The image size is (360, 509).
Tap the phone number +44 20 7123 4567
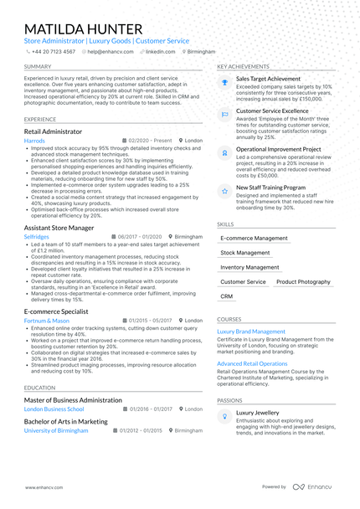[54, 51]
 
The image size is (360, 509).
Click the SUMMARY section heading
[38, 66]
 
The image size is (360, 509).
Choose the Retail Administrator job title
[54, 131]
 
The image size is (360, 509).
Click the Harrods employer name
[35, 141]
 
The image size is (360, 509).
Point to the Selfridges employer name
[38, 236]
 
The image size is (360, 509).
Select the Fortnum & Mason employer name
[47, 321]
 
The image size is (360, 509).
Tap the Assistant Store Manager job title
[59, 227]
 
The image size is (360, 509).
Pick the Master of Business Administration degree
[73, 400]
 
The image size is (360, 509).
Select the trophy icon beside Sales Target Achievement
[224, 81]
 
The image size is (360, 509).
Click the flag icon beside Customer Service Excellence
[224, 113]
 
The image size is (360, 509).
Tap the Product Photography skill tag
[303, 282]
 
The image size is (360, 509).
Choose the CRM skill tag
[227, 296]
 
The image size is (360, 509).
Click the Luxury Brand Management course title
[251, 332]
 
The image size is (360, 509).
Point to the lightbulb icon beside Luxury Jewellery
[224, 415]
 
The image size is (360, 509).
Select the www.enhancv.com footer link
[42, 486]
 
